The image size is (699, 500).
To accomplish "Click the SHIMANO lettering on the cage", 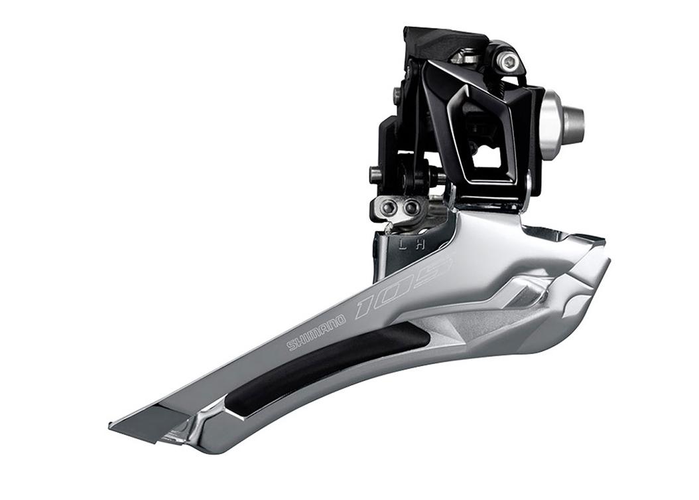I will coord(316,333).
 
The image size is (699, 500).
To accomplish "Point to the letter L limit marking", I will coord(403,244).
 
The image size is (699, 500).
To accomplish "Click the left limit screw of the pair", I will coord(389,208).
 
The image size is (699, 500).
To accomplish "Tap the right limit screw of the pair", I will coord(411,208).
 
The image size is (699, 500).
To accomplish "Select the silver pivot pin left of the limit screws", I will coord(375,175).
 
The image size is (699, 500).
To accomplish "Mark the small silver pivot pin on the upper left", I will coord(397,96).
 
